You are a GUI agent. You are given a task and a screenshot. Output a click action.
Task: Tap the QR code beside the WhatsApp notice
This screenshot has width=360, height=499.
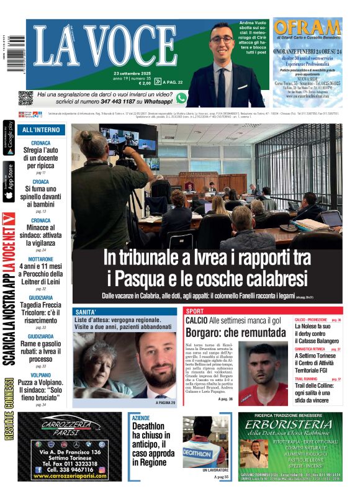(x=25, y=97)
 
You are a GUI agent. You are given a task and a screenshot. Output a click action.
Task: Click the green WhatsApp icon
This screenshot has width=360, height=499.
(x=181, y=97)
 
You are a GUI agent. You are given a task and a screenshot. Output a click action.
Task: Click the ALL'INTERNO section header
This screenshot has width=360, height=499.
(x=41, y=130)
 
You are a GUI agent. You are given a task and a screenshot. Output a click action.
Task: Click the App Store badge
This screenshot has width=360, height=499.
(x=9, y=182)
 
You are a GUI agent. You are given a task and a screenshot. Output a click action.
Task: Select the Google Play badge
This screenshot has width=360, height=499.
(x=9, y=138)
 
